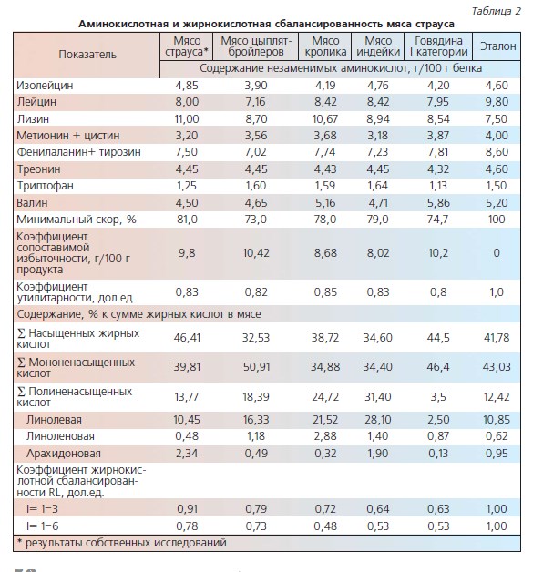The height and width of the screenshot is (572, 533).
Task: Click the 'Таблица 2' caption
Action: point(497,11)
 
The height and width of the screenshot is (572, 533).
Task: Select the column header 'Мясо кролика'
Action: point(325,46)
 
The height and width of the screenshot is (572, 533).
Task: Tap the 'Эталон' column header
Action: point(498,46)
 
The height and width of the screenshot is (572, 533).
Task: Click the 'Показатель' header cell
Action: point(87,55)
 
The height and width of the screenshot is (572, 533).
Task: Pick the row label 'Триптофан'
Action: point(46,186)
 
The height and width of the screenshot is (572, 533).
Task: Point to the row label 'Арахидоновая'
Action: point(64,454)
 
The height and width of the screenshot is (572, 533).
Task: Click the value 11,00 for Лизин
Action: point(187,119)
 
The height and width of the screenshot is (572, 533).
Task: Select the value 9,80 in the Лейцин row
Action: point(497,102)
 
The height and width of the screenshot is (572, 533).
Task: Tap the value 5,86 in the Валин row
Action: point(437,203)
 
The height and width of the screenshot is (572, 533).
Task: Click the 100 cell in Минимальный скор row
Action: point(497,220)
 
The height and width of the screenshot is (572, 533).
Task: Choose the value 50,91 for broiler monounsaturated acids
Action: point(256,367)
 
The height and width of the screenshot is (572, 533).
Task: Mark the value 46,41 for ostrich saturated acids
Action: point(187,337)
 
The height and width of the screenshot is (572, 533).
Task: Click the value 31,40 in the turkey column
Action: point(378,396)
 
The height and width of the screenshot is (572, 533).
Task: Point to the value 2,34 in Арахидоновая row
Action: point(187,454)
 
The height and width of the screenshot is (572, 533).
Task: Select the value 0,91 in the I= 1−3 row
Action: point(187,509)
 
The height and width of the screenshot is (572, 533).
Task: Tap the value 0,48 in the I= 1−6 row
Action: point(325,526)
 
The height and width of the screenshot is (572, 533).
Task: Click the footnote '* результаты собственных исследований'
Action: point(122,543)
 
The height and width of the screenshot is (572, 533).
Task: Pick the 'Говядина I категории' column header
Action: point(438,46)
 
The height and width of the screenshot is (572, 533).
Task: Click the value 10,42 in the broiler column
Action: point(256,253)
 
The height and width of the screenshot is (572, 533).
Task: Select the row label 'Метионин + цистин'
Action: point(68,136)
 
